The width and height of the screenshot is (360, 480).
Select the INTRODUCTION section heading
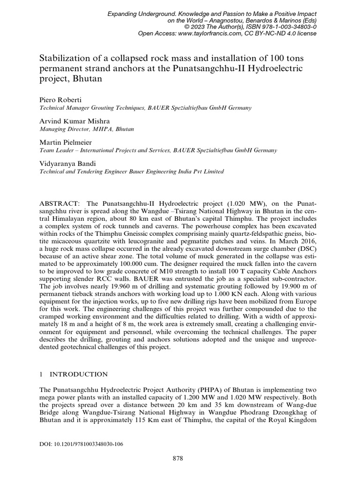coord(78,374)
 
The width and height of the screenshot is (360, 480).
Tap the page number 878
coord(180,458)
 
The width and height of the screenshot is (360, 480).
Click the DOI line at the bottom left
coord(80,443)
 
